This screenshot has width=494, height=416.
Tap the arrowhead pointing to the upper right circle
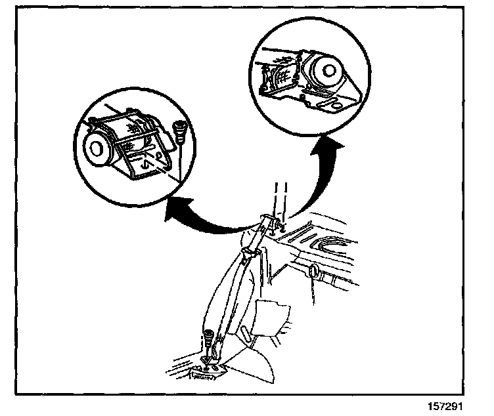pos(334,146)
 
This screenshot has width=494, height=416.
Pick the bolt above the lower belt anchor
pos(208,340)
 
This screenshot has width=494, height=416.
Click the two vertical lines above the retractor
pos(281,197)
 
